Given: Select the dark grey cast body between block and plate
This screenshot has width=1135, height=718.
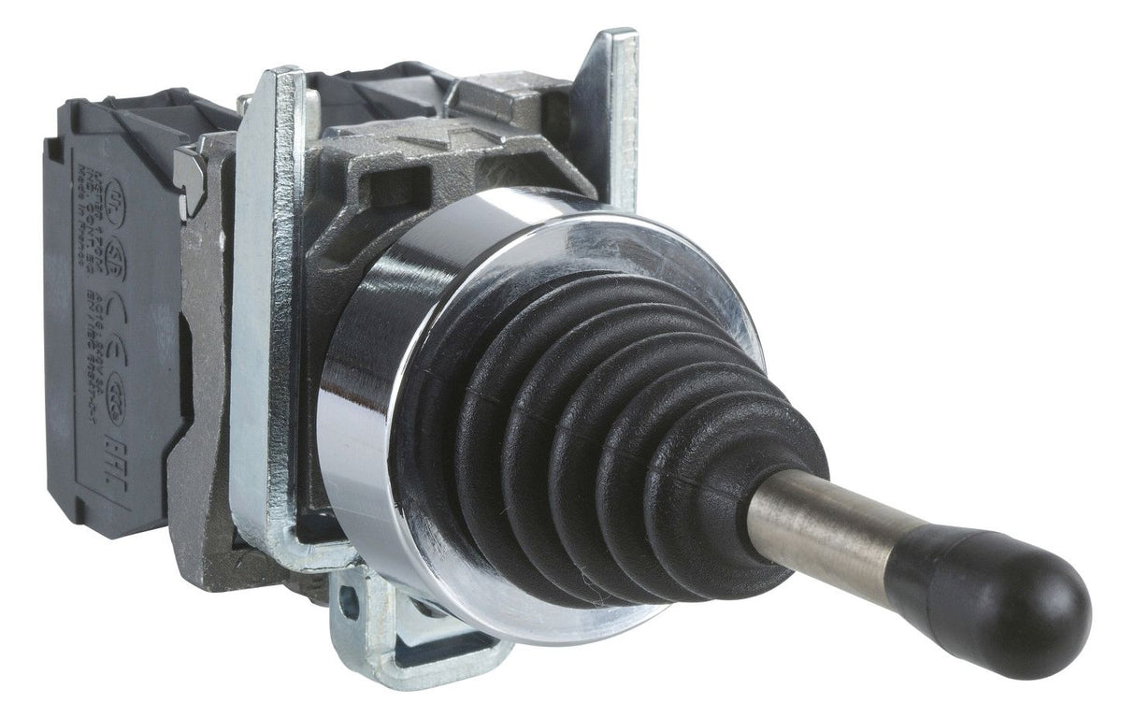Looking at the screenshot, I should [201, 393].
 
